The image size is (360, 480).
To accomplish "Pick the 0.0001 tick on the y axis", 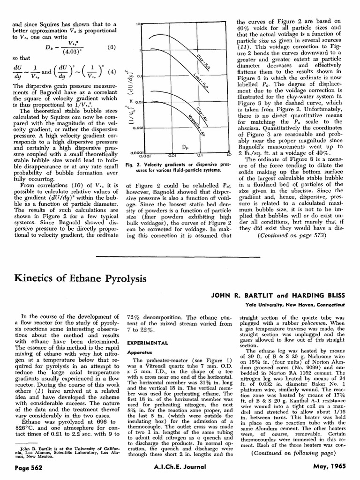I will [x=135, y=152].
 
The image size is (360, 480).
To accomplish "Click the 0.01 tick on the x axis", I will [x=172, y=155].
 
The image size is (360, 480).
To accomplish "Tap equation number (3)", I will [x=112, y=47].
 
